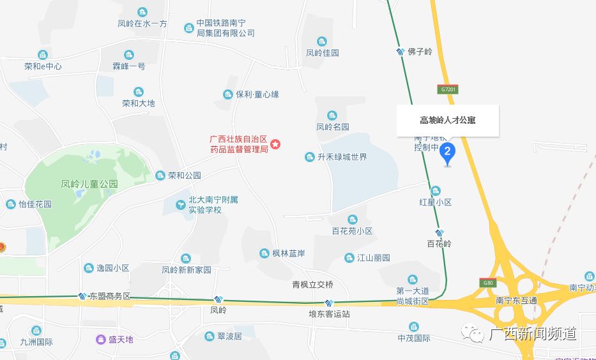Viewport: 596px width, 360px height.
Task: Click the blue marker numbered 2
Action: pyautogui.click(x=448, y=153)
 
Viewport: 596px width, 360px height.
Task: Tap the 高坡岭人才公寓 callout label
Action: pyautogui.click(x=447, y=120)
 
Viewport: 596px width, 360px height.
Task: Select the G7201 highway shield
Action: pyautogui.click(x=448, y=90)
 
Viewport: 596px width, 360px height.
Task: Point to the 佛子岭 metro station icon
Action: pyautogui.click(x=401, y=52)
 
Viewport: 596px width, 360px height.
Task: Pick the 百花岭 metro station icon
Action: pyautogui.click(x=439, y=234)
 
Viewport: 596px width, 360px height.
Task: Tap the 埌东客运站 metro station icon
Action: pyautogui.click(x=329, y=303)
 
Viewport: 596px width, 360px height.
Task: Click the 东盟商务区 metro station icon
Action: pyautogui.click(x=82, y=296)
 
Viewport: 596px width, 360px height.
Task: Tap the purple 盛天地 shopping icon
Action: pyautogui.click(x=100, y=339)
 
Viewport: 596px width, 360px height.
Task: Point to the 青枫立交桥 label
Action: pyautogui.click(x=312, y=284)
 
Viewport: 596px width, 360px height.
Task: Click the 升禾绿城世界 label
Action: pyautogui.click(x=342, y=156)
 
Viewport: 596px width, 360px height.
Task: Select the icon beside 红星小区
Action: pyautogui.click(x=436, y=190)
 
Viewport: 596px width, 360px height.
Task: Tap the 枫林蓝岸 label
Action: pyautogui.click(x=288, y=253)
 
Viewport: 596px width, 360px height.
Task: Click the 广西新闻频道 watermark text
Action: pyautogui.click(x=533, y=334)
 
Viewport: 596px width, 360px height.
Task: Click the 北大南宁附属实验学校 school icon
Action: pyautogui.click(x=182, y=204)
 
